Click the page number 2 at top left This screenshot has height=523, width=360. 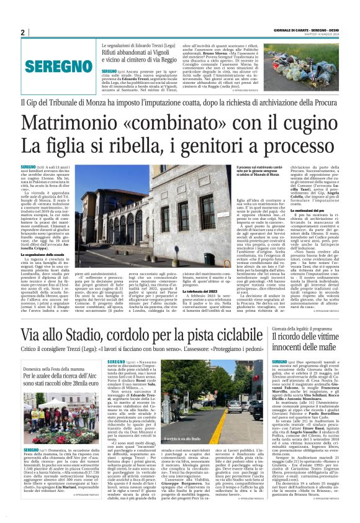[22, 32]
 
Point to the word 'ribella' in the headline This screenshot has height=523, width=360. [152, 146]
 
